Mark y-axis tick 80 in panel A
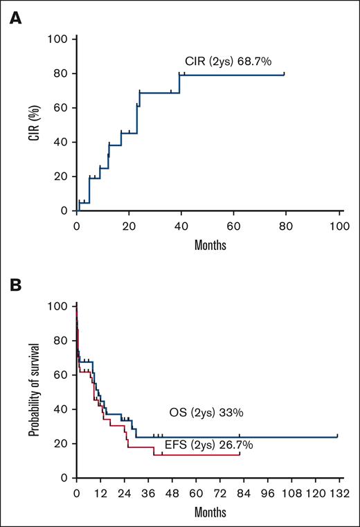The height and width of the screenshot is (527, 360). point(61,73)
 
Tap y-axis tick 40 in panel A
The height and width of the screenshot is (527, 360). point(61,142)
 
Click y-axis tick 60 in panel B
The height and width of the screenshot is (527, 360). point(61,375)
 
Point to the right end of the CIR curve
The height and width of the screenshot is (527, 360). point(284,74)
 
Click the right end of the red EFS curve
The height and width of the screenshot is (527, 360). point(240,454)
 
